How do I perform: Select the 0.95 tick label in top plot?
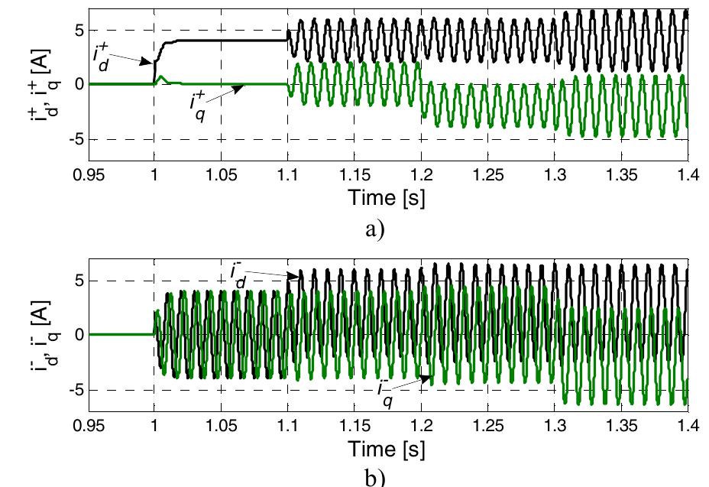click(x=88, y=175)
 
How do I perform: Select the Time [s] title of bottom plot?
click(x=387, y=448)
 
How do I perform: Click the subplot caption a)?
click(x=387, y=227)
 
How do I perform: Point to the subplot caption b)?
click(x=387, y=476)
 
